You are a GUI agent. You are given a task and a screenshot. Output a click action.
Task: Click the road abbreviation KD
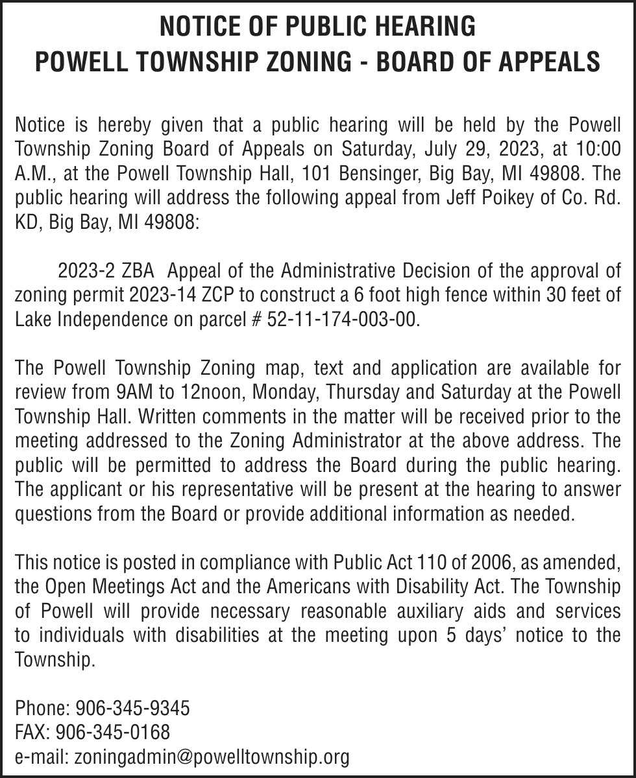click(27, 223)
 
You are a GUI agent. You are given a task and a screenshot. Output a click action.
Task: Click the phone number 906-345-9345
click(132, 709)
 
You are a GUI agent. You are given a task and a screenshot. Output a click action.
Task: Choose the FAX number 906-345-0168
click(113, 733)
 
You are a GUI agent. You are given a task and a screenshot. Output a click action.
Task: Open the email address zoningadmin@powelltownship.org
click(212, 757)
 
